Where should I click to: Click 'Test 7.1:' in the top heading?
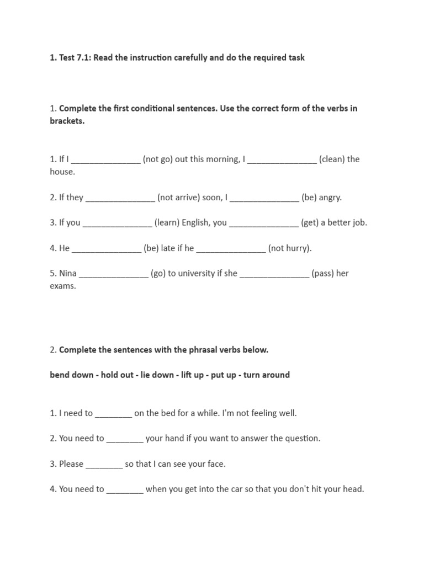(x=75, y=57)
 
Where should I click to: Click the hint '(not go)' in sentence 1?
(x=157, y=159)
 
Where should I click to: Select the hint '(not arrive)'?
(x=178, y=197)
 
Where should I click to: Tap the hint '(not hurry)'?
(x=290, y=248)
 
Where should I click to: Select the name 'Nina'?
(x=67, y=273)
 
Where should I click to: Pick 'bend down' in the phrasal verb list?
(x=72, y=375)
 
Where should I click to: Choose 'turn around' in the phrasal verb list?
(x=266, y=375)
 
